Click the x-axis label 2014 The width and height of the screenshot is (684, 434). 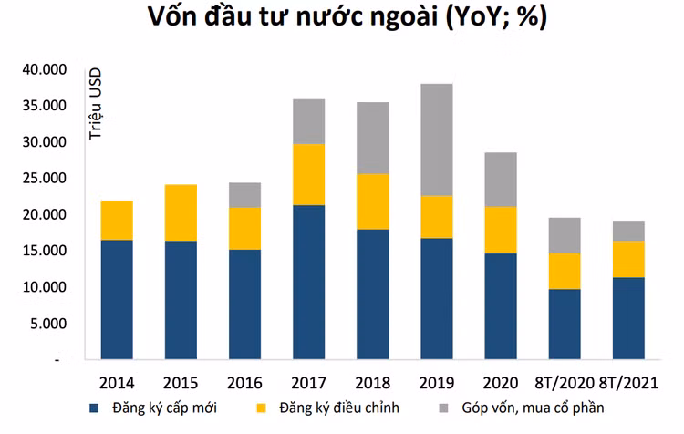116,381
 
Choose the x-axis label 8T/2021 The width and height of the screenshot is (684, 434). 628,381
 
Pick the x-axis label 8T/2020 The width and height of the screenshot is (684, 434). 565,381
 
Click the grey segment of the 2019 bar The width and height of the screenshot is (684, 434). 436,139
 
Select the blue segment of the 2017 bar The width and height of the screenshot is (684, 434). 308,282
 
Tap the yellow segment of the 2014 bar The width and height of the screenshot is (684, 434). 116,220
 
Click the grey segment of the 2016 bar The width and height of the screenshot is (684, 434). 244,195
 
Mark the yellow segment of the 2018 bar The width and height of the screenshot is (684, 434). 372,201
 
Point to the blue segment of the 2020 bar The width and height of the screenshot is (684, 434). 500,305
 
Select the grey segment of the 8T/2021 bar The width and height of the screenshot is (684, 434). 628,231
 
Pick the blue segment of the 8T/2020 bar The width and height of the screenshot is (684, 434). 564,324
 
